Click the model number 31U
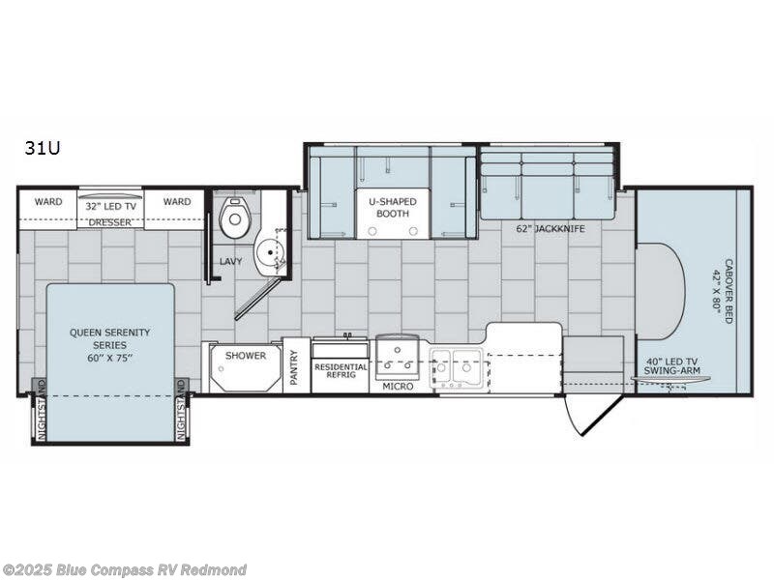pyautogui.click(x=43, y=148)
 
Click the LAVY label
pyautogui.click(x=230, y=261)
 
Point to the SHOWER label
pyautogui.click(x=246, y=356)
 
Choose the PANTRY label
pyautogui.click(x=295, y=367)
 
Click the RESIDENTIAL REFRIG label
pyautogui.click(x=341, y=371)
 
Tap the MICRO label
pyautogui.click(x=398, y=387)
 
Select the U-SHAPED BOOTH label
pyautogui.click(x=393, y=208)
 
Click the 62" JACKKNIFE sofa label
pyautogui.click(x=551, y=228)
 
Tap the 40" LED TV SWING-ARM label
pyautogui.click(x=671, y=366)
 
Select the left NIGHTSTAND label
pyautogui.click(x=42, y=409)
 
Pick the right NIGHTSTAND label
pyautogui.click(x=180, y=409)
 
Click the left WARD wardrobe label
pyautogui.click(x=48, y=202)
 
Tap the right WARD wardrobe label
pyautogui.click(x=177, y=202)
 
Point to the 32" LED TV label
pyautogui.click(x=110, y=207)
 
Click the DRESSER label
pyautogui.click(x=110, y=222)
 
